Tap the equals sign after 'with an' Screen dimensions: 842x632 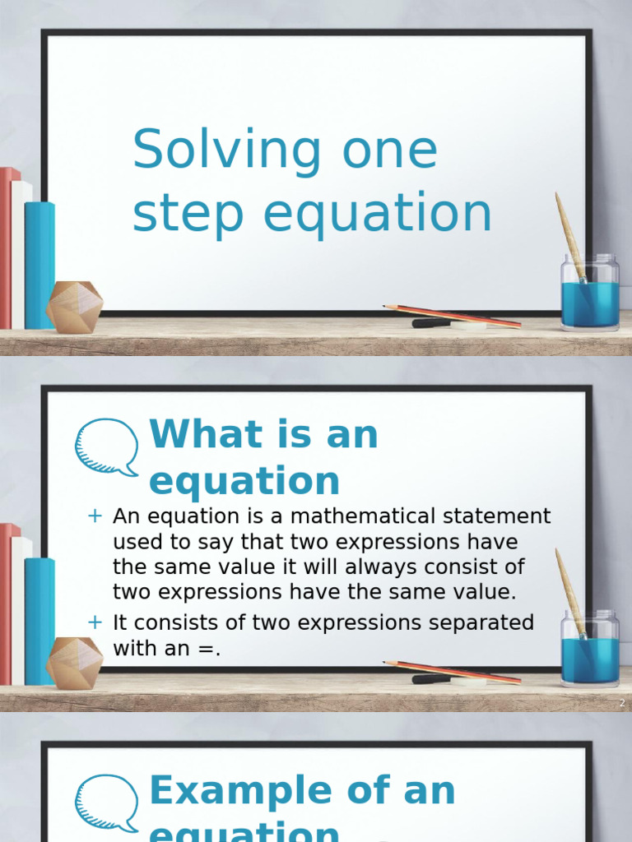pos(210,648)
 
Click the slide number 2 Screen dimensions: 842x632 pos(622,703)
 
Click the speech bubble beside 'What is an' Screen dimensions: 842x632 pos(107,446)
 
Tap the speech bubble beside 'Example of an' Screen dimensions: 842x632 pos(107,803)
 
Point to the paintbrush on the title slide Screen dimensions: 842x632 pos(569,234)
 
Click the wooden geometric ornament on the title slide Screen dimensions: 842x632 pos(74,307)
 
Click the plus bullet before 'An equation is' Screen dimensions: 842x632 pos(95,516)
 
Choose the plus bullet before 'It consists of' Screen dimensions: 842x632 pos(95,622)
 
